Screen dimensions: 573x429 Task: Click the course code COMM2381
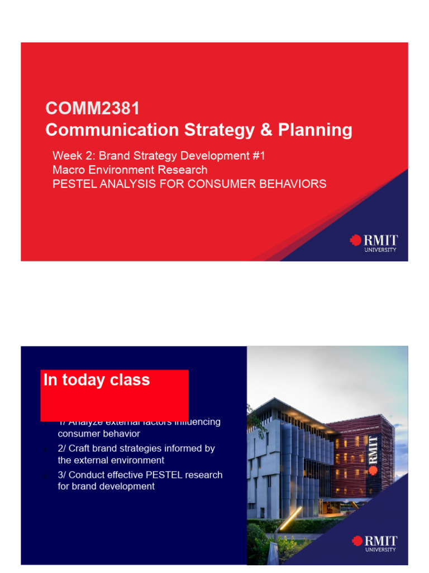tap(92, 108)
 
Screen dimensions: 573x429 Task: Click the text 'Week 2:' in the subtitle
tap(74, 156)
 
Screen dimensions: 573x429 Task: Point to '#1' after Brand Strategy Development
tap(259, 156)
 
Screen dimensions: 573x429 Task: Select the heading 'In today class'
tap(97, 380)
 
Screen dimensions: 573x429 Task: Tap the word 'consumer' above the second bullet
tap(77, 434)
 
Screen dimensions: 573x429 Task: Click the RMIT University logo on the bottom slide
tap(374, 543)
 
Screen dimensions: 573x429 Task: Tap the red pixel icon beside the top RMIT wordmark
tap(355, 241)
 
